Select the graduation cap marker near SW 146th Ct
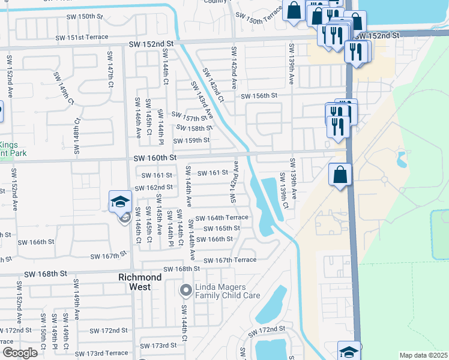(120, 202)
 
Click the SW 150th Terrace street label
(258, 19)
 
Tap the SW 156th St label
(259, 96)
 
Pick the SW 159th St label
(191, 140)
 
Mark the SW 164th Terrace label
(221, 217)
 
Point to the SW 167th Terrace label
(230, 260)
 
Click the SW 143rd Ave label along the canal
(202, 100)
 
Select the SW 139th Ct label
(283, 190)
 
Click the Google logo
(20, 353)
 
